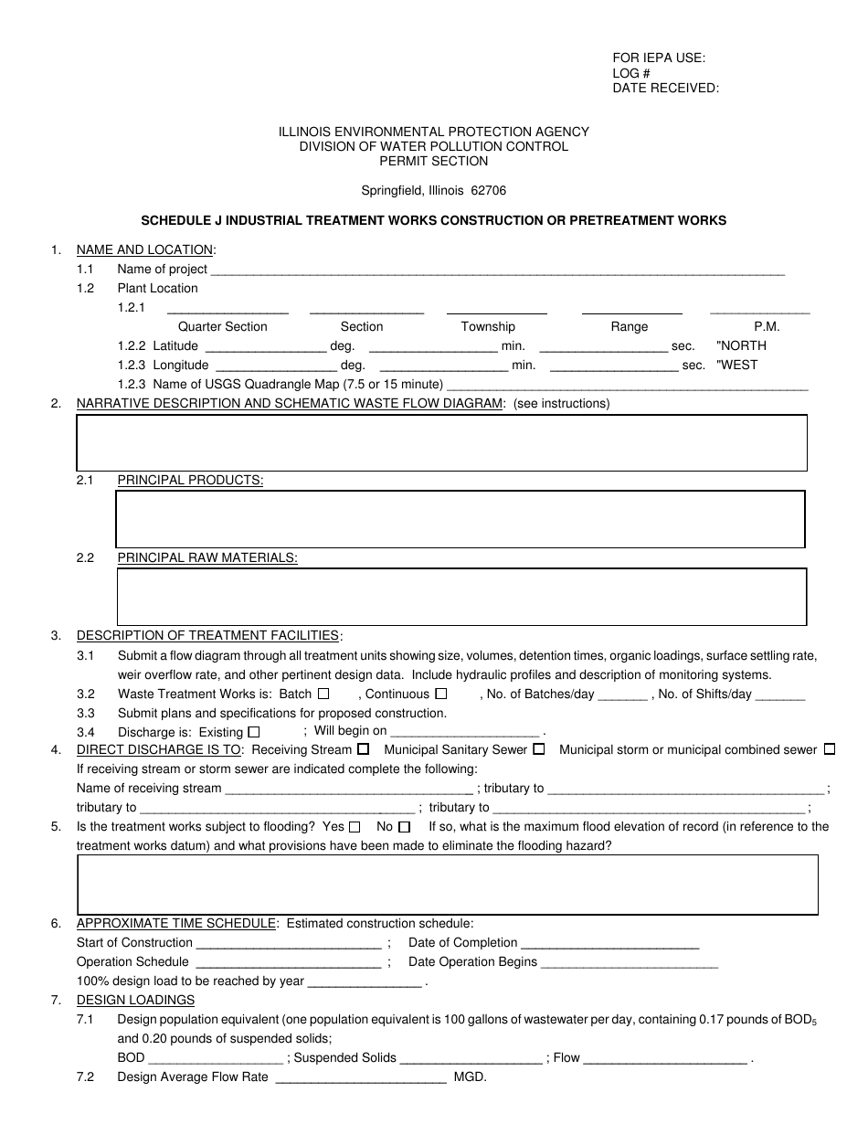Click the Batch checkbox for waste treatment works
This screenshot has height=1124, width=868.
[x=323, y=694]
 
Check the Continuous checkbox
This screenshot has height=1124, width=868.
[x=441, y=694]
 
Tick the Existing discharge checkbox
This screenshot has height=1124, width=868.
[x=254, y=732]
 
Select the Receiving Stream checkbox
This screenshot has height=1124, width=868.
[x=364, y=749]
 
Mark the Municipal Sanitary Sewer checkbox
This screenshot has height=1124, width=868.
[x=539, y=749]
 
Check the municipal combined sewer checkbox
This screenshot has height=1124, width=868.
[x=829, y=749]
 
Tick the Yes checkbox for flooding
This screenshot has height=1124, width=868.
[x=355, y=827]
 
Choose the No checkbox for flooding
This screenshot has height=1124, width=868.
[x=405, y=827]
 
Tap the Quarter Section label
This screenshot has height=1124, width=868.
[x=223, y=327]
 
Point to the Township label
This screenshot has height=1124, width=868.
[x=488, y=327]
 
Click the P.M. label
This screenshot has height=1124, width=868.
[x=767, y=327]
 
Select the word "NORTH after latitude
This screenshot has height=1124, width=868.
[x=742, y=346]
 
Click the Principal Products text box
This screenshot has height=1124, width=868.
[x=460, y=519]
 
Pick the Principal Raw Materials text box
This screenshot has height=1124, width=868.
[x=461, y=597]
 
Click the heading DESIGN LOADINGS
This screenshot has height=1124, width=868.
[x=135, y=1000]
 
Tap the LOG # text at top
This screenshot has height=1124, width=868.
[x=631, y=73]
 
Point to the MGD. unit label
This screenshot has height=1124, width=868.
[x=471, y=1077]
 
